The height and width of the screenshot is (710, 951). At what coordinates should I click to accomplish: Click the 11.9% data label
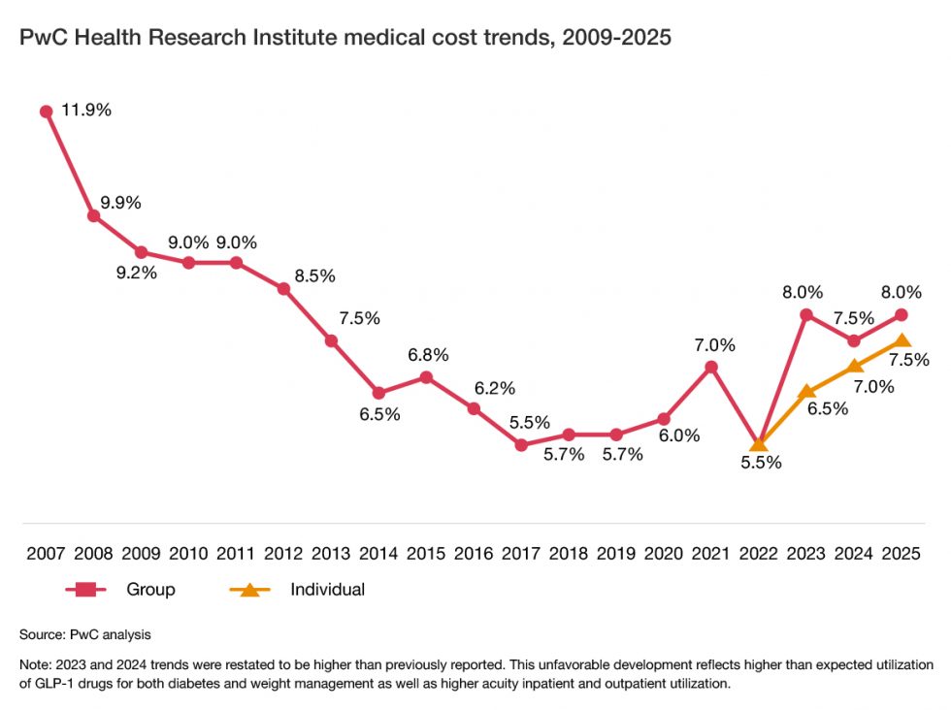point(86,110)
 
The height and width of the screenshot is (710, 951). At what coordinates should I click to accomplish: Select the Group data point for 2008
point(93,215)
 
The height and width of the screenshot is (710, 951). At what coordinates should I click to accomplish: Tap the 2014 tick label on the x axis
point(378,554)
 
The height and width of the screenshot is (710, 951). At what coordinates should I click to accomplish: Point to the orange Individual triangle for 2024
point(855,367)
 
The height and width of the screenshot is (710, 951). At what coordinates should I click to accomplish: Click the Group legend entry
point(150,589)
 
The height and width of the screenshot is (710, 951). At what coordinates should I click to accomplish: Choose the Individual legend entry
point(327,589)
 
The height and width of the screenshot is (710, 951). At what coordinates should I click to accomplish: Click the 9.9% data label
point(120,203)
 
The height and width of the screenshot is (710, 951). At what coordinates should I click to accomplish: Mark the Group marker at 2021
point(711,367)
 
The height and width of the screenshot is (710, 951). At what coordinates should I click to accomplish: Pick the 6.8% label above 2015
point(427,355)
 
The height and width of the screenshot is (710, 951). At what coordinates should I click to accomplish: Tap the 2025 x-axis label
point(902,554)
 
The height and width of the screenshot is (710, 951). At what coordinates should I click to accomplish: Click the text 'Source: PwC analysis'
point(85,634)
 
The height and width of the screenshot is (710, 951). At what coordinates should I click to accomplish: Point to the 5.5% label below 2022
point(761,463)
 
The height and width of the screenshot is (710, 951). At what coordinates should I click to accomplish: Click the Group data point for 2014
point(378,393)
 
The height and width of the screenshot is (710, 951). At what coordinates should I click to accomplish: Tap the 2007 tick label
point(46,554)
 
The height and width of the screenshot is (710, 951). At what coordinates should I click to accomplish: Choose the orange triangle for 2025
point(902,340)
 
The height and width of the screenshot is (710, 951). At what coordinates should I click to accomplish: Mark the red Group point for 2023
point(806,314)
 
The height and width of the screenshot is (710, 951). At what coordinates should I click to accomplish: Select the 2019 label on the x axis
point(616,554)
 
